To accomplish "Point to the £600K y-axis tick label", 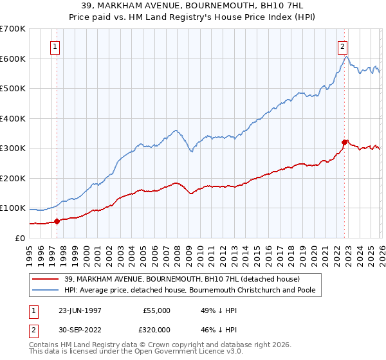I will coord(13,59).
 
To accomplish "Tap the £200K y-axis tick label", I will coord(13,178).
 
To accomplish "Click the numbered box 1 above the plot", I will coord(55,46).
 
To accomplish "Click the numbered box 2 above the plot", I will coord(343,46).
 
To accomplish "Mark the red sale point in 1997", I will coord(57,221).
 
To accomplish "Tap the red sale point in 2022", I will coord(345,142).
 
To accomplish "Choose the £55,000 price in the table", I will coord(156,310).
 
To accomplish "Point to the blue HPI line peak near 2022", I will coord(346,57).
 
